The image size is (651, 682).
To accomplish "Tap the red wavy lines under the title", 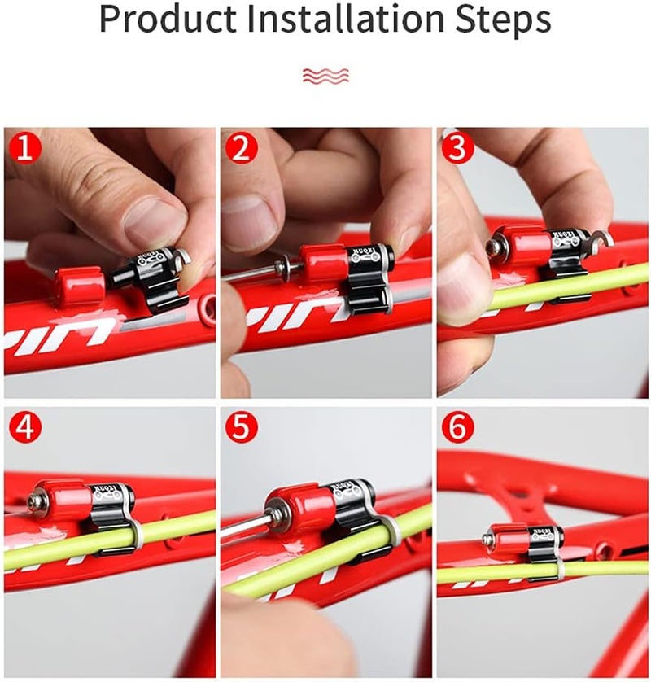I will click(325, 76).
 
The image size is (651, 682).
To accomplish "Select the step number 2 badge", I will click(242, 149).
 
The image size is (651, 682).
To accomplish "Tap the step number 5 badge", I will click(242, 426).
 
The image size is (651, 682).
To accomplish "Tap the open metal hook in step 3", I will click(602, 238).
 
